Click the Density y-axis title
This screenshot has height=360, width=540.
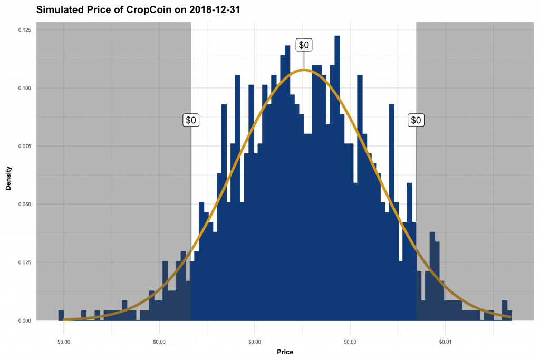click(8, 175)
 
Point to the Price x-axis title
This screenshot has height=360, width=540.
click(285, 352)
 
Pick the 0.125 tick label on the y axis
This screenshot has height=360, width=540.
click(24, 30)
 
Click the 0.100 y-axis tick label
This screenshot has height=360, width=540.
click(24, 88)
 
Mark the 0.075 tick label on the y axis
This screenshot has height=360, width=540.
click(24, 146)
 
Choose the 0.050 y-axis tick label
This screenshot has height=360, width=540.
click(24, 204)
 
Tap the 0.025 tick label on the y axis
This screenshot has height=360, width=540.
click(24, 262)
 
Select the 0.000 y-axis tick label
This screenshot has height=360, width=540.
click(24, 320)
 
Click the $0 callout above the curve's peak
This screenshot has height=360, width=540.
click(304, 45)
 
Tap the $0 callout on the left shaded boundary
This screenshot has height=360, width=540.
click(191, 120)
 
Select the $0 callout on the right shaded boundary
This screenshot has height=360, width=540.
click(416, 120)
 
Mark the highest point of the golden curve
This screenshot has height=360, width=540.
click(303, 70)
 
